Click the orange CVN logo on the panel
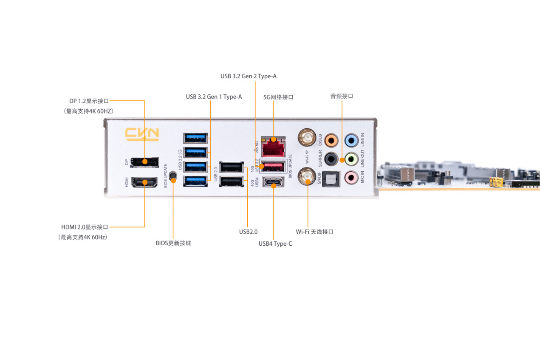click(142, 134)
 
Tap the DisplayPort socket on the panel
click(145, 162)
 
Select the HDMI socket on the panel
click(144, 183)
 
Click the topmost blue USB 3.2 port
click(196, 138)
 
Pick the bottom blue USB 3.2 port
click(196, 181)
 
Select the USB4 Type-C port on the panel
click(273, 183)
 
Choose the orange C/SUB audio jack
click(331, 140)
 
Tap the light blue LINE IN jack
click(351, 140)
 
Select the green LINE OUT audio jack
click(351, 159)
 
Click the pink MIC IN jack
click(351, 177)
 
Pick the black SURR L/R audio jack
click(331, 159)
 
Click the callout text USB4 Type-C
click(275, 244)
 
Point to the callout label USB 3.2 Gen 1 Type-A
click(214, 97)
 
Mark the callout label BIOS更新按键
click(173, 244)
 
